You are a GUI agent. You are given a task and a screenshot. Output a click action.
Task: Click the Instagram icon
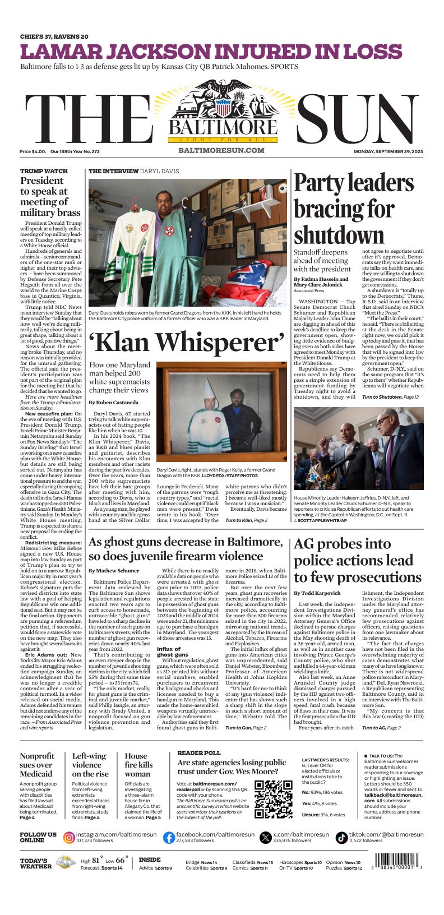pos(69,838)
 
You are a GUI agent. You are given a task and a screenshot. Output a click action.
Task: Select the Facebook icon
pos(169,838)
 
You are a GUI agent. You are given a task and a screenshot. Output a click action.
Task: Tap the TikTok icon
pos(341,838)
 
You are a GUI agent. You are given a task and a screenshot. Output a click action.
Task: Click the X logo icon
pos(266,838)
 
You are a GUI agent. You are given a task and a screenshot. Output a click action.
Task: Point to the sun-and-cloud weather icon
pos(66,862)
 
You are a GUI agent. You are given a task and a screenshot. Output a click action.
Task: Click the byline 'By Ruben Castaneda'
pos(114,403)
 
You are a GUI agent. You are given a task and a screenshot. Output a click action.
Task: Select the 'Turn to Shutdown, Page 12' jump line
pos(390,397)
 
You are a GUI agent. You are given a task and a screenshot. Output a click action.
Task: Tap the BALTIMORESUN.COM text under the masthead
pos(221,150)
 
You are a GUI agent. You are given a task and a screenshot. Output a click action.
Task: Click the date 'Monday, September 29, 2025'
pos(388,151)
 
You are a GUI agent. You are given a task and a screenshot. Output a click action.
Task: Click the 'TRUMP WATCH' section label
pos(44,171)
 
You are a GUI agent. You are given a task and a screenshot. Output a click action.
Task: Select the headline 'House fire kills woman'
pos(138,765)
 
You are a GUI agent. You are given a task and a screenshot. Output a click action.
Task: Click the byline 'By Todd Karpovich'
pos(317,593)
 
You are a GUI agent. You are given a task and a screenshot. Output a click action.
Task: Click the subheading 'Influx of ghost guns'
pos(173,651)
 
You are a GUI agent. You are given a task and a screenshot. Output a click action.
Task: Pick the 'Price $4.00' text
pos(33,151)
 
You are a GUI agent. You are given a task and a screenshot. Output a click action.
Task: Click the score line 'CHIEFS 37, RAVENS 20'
pos(54,36)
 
